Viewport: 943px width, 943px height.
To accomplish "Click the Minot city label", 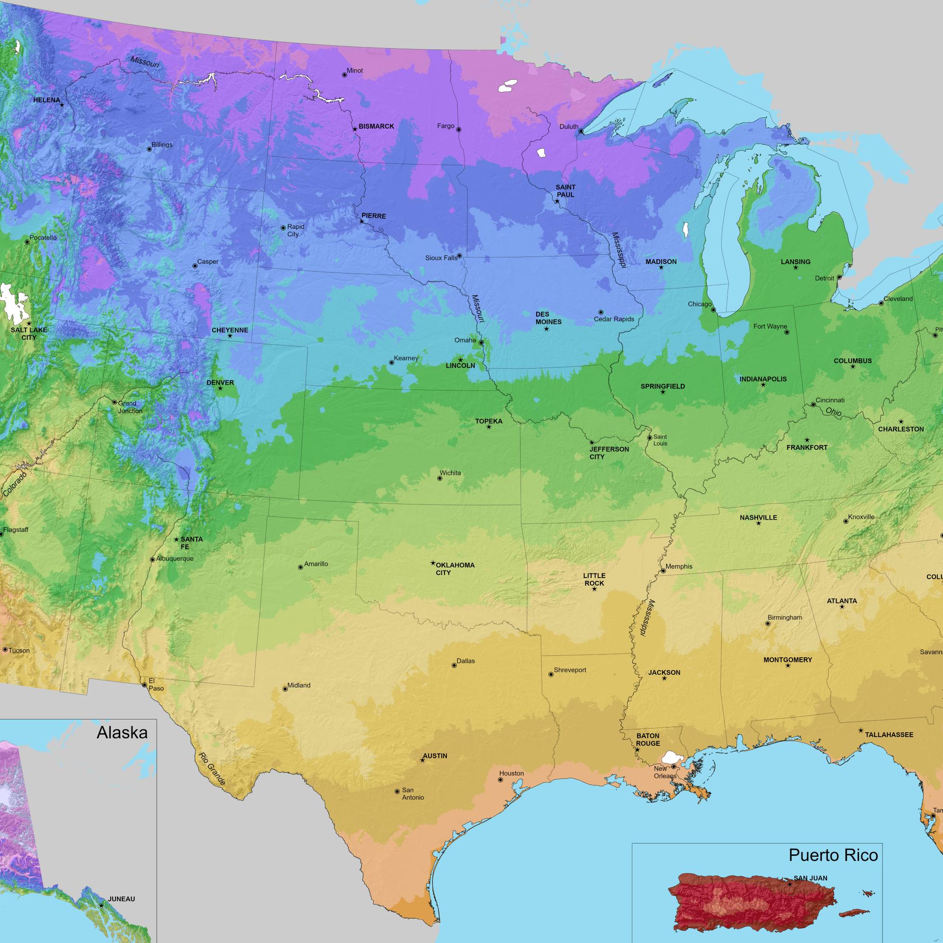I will pyautogui.click(x=355, y=71).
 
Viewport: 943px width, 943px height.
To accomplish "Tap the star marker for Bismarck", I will pyautogui.click(x=355, y=129).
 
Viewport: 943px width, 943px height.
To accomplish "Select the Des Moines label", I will pyautogui.click(x=548, y=318).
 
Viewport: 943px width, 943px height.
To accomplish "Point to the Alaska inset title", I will pyautogui.click(x=122, y=732).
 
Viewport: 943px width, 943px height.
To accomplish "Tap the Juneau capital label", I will pyautogui.click(x=121, y=899).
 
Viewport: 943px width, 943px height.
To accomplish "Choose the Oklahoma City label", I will pyautogui.click(x=455, y=569).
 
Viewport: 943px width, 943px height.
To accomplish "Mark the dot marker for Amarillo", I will pyautogui.click(x=300, y=567).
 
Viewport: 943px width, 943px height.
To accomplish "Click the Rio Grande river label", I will pyautogui.click(x=211, y=769).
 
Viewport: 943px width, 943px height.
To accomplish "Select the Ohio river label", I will pyautogui.click(x=834, y=412).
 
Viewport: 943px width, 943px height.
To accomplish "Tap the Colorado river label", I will pyautogui.click(x=15, y=484).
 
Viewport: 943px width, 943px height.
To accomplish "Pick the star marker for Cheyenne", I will pyautogui.click(x=230, y=336).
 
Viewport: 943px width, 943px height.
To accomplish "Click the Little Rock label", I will pyautogui.click(x=594, y=579).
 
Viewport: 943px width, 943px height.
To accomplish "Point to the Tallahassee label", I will pyautogui.click(x=889, y=735).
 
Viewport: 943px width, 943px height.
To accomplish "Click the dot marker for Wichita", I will pyautogui.click(x=439, y=478).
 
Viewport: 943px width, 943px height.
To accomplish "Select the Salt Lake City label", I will pyautogui.click(x=29, y=333).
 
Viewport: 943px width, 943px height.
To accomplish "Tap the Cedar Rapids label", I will pyautogui.click(x=613, y=319).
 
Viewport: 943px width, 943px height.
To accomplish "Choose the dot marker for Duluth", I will pyautogui.click(x=581, y=131).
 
